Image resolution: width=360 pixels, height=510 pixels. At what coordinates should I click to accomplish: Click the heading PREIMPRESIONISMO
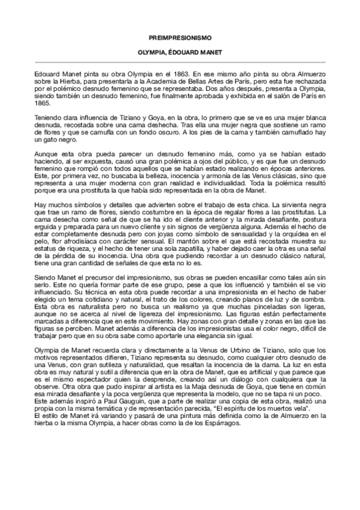[180, 37]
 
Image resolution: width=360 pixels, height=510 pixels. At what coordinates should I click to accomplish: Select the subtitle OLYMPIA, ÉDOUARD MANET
[180, 53]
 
